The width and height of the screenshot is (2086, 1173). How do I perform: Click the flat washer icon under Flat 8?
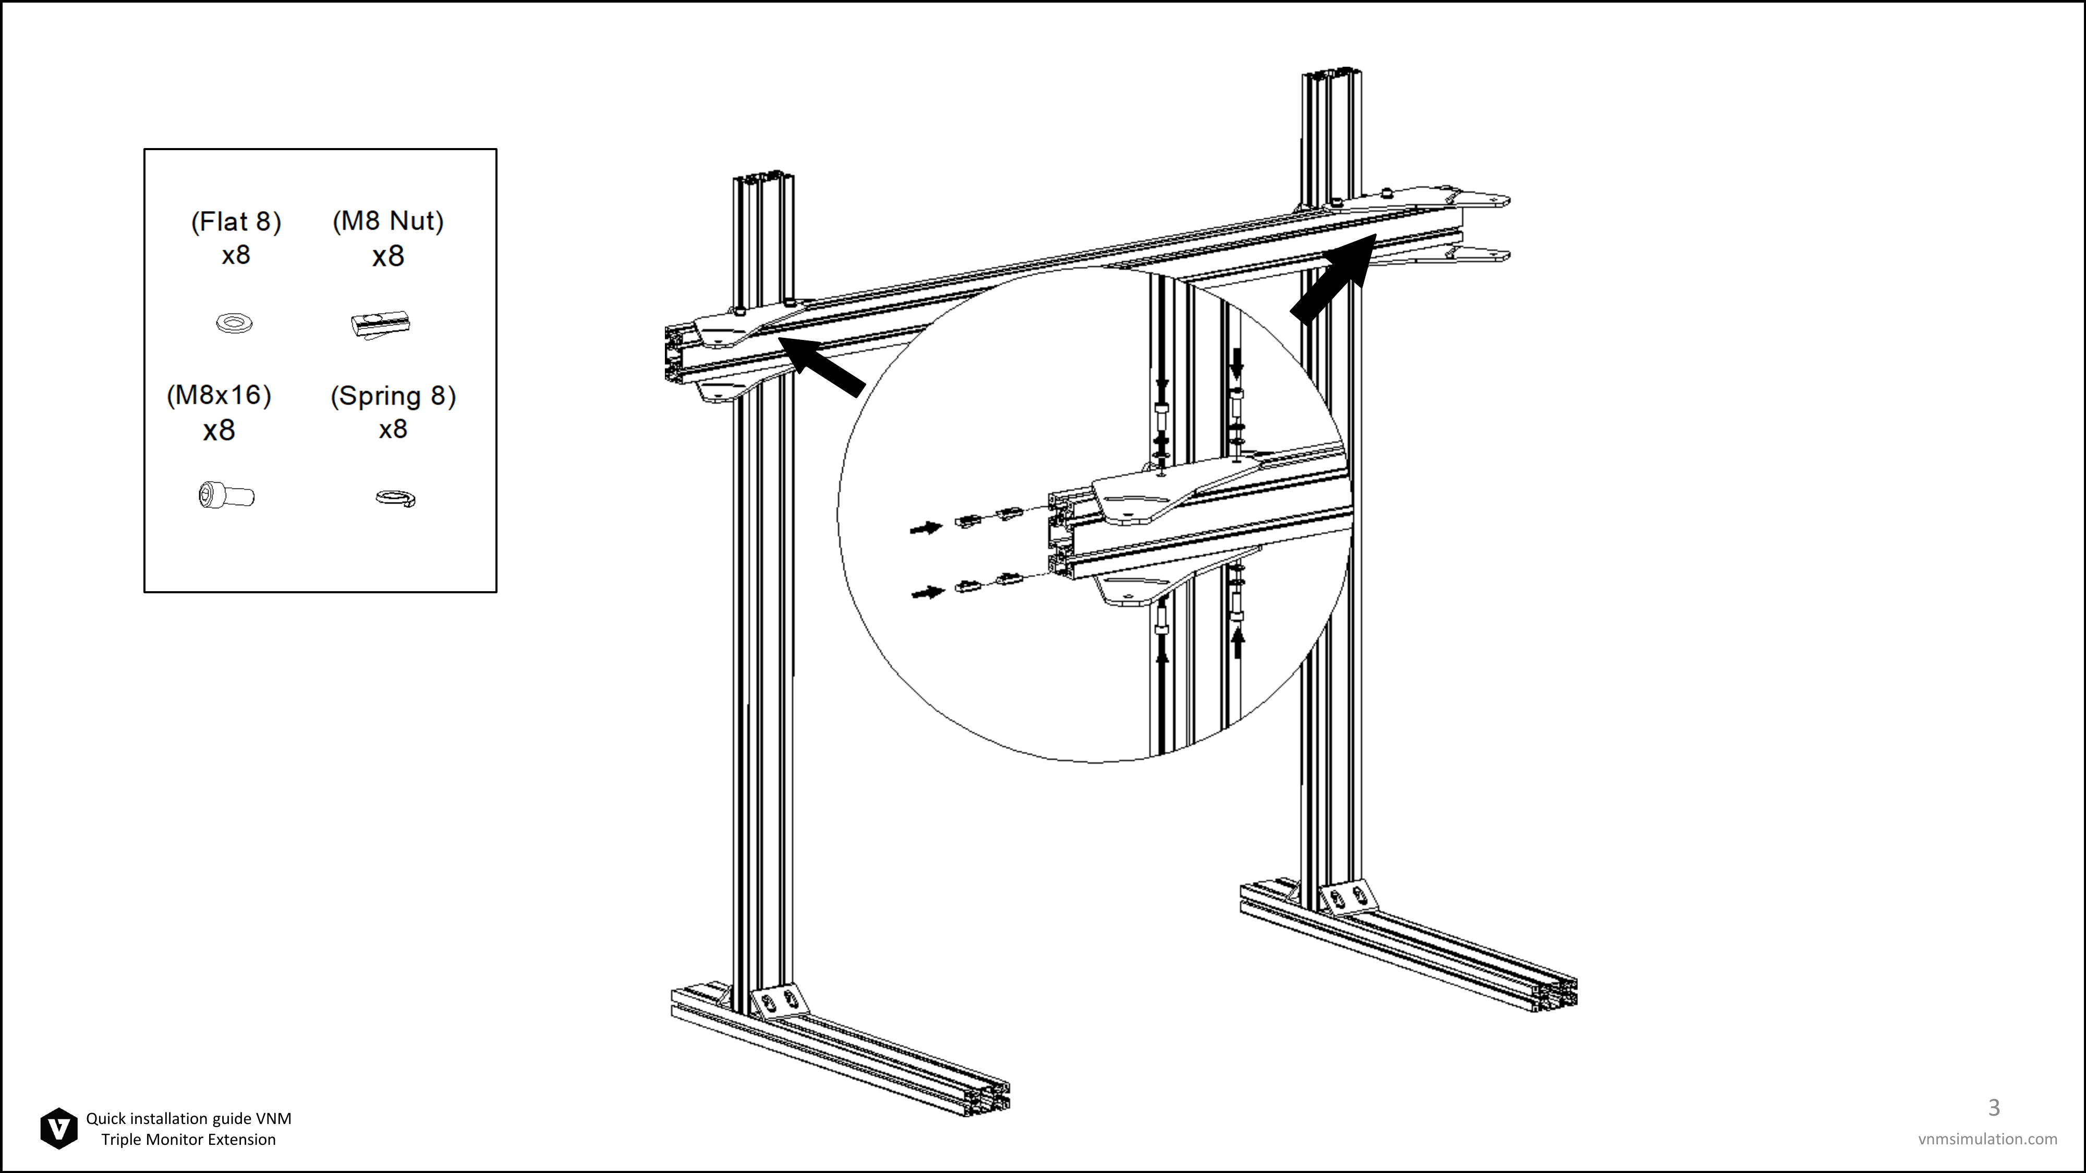(x=234, y=324)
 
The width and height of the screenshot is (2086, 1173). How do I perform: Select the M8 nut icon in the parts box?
(x=381, y=325)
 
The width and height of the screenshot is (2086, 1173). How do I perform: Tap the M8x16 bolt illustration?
(x=226, y=495)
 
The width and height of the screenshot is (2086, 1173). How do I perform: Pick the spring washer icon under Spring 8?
(x=396, y=498)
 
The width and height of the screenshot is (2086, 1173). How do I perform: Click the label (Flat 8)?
(x=236, y=222)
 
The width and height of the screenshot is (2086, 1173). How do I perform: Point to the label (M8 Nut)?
(x=388, y=221)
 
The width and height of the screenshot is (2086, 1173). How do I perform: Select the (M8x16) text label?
(x=219, y=395)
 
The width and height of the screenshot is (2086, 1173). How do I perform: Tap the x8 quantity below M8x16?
(x=219, y=430)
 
